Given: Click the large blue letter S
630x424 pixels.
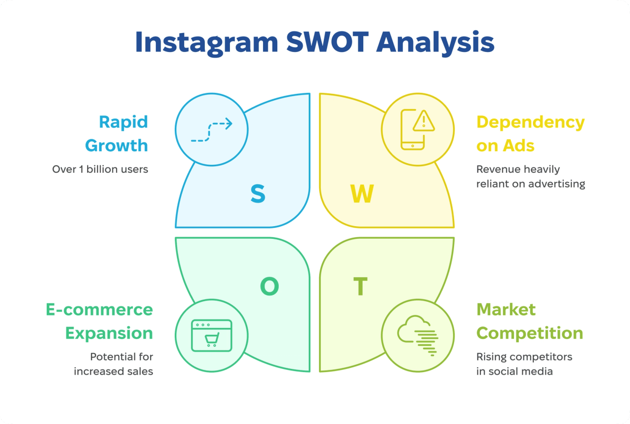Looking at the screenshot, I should (x=257, y=194).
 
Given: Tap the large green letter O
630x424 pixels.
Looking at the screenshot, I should (x=269, y=286).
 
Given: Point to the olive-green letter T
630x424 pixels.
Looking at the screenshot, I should (x=360, y=287).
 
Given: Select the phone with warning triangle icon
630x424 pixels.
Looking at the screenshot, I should (x=417, y=129).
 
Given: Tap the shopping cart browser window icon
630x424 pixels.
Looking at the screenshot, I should (x=211, y=335).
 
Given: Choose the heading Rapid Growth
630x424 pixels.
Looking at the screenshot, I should (x=117, y=133).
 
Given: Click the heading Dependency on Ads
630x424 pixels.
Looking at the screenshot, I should (x=530, y=133).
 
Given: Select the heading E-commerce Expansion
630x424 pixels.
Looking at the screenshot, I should (x=100, y=321).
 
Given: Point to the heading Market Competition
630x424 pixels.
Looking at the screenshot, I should (x=530, y=321).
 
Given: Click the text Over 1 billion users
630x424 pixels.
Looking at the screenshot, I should (x=100, y=169).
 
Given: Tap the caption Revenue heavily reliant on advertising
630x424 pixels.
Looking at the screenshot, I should (x=530, y=176).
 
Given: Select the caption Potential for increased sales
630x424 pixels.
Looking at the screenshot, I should (x=113, y=364).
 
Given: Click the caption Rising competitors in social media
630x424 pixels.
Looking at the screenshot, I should (x=524, y=364).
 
